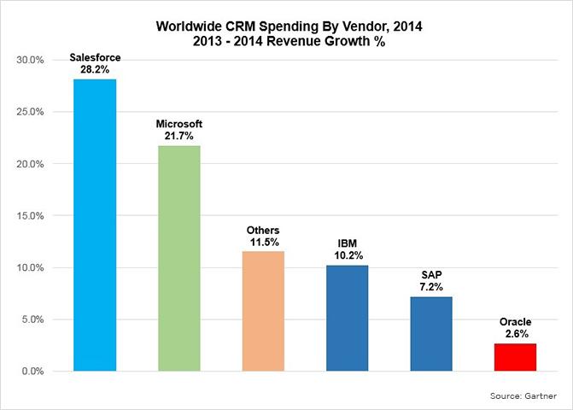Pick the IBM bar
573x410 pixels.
347,318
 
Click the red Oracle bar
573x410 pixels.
515,357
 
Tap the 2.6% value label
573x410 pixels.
515,335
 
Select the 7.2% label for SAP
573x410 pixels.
431,288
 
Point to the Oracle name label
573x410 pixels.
515,323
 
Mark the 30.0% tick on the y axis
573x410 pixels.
32,60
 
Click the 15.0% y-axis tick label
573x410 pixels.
32,216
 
